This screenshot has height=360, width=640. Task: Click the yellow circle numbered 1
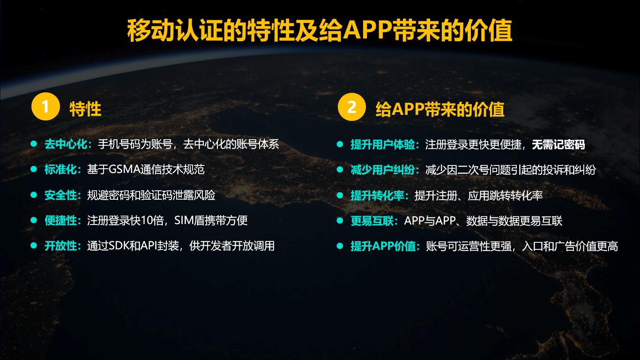(45, 106)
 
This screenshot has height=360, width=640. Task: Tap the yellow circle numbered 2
(352, 107)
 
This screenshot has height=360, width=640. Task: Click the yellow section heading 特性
(85, 109)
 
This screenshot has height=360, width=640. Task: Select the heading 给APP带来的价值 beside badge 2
(440, 109)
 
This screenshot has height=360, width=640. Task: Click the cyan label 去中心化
(66, 144)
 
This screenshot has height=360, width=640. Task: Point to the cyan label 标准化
(60, 170)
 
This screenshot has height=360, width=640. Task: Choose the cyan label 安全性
(60, 195)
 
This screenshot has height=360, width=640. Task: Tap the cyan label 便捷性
(60, 220)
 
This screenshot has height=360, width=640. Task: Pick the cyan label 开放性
(60, 246)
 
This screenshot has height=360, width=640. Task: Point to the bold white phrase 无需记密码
(558, 145)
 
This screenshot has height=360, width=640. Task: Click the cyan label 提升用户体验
(383, 145)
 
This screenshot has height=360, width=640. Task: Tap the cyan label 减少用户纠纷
(383, 170)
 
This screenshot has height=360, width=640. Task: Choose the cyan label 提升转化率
(378, 195)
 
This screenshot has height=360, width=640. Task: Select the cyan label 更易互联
(372, 221)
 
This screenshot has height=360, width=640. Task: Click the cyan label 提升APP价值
(383, 246)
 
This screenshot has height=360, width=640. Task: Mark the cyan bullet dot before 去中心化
(34, 144)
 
